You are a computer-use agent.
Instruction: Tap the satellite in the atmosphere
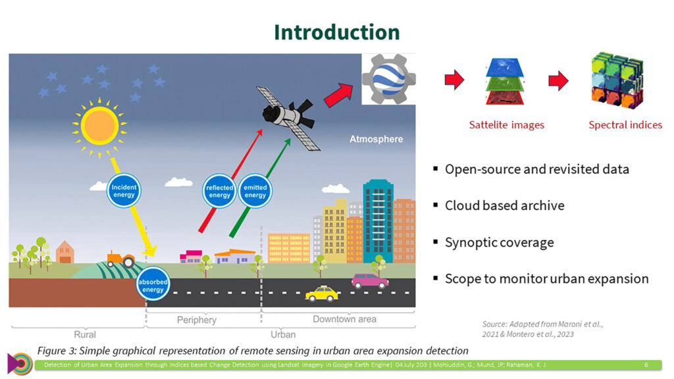[288, 117]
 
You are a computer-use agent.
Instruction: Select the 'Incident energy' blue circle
[124, 191]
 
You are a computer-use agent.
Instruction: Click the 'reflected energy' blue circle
[219, 191]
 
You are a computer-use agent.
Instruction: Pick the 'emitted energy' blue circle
[255, 191]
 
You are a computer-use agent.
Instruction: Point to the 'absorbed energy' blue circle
[153, 284]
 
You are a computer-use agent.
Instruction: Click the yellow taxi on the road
[322, 294]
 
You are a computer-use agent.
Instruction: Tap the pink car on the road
[370, 281]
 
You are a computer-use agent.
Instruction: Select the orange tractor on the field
[121, 259]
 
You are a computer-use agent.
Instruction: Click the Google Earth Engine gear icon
[388, 79]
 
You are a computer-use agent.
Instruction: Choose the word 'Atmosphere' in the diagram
[376, 139]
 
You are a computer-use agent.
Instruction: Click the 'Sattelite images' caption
[506, 125]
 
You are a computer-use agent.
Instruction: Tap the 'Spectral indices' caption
[625, 125]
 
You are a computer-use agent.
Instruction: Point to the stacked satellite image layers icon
[505, 81]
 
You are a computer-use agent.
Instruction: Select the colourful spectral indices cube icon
[617, 80]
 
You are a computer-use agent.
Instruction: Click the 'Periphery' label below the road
[196, 320]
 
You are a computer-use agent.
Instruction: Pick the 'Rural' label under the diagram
[85, 335]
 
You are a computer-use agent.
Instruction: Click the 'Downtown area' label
[344, 319]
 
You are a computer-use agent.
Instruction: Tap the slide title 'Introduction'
[337, 32]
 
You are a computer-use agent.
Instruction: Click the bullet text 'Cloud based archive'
[505, 205]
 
